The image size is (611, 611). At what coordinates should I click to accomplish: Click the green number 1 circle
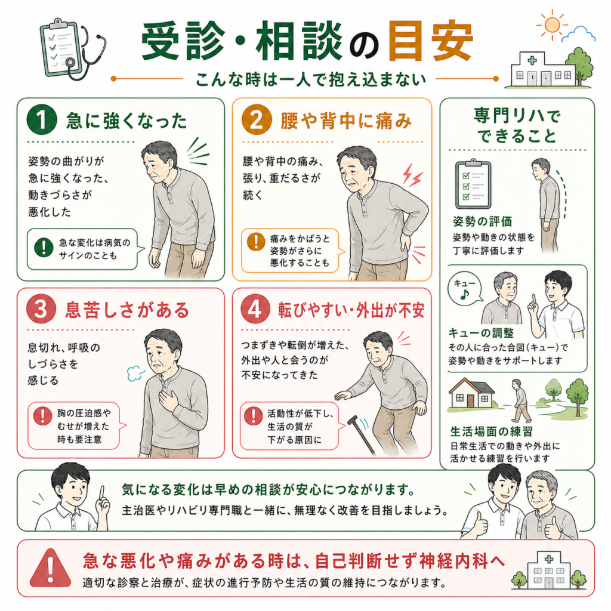coord(42,119)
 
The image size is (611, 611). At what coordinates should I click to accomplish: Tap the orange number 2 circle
coord(256,119)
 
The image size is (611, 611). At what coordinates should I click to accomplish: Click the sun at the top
coord(552,25)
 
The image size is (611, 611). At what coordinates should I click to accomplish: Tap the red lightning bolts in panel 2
coord(412,175)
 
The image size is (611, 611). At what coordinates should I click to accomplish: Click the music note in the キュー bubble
coord(464,294)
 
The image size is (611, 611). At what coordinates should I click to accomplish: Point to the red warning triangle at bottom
coord(50,568)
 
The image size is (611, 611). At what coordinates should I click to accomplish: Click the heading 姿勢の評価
coord(482,221)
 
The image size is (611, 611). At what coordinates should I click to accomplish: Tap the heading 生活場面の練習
coord(492,431)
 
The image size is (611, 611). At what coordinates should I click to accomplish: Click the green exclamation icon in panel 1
coord(44,248)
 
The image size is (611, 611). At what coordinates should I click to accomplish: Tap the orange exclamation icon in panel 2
coord(256,242)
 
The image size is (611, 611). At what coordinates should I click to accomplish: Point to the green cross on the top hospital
coord(532,60)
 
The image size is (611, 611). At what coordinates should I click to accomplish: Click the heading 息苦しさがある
coord(126,310)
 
